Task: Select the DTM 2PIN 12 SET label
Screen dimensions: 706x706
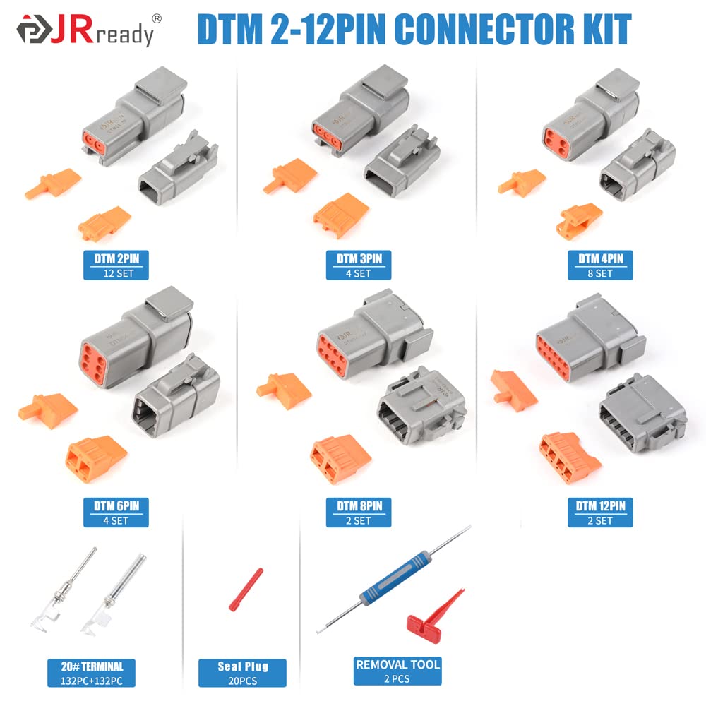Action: point(116,265)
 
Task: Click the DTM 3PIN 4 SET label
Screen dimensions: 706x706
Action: point(359,265)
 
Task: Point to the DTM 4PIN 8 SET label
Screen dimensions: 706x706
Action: point(600,265)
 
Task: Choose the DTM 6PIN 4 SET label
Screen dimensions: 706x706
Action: point(116,513)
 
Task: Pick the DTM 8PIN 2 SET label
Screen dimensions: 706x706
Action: point(359,513)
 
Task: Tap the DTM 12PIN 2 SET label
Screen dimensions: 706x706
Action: point(600,513)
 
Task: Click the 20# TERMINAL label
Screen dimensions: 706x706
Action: point(91,673)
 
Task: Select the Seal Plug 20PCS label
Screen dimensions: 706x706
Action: point(242,673)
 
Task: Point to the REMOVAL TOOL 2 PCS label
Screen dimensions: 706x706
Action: point(397,671)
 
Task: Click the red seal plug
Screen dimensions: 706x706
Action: point(246,590)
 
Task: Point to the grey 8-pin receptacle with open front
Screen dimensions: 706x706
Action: point(421,407)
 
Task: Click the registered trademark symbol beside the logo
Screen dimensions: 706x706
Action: point(157,18)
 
